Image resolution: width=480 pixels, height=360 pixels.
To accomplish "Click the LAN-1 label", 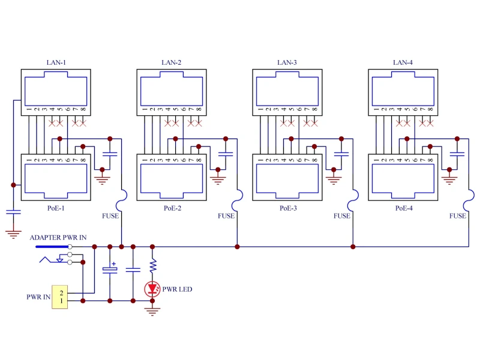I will click(56, 62).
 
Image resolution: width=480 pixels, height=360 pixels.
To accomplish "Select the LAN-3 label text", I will click(287, 62).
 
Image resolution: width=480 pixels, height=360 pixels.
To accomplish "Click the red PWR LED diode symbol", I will click(153, 289).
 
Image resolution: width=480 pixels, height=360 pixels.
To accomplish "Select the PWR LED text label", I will click(178, 289).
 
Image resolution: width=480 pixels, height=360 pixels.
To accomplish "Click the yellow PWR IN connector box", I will click(61, 296).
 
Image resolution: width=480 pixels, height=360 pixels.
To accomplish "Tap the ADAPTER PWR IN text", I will click(58, 238).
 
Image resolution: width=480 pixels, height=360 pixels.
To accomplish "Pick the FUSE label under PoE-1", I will click(110, 216).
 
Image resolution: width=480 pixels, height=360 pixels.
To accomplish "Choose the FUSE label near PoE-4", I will click(457, 216).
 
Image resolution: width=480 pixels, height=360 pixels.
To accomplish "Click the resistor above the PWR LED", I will click(153, 264).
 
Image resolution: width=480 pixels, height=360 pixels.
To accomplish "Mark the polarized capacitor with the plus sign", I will click(110, 270).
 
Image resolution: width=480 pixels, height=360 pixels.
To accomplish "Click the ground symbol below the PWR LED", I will click(153, 311).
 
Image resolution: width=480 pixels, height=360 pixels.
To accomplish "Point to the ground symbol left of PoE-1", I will click(13, 234).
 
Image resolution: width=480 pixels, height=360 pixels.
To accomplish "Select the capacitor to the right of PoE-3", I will click(341, 154).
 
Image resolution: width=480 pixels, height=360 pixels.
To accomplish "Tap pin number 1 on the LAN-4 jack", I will click(377, 109).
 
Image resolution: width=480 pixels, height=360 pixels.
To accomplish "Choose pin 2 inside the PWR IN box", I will click(61, 292).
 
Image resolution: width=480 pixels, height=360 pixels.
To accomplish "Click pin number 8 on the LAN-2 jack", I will click(199, 109).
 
